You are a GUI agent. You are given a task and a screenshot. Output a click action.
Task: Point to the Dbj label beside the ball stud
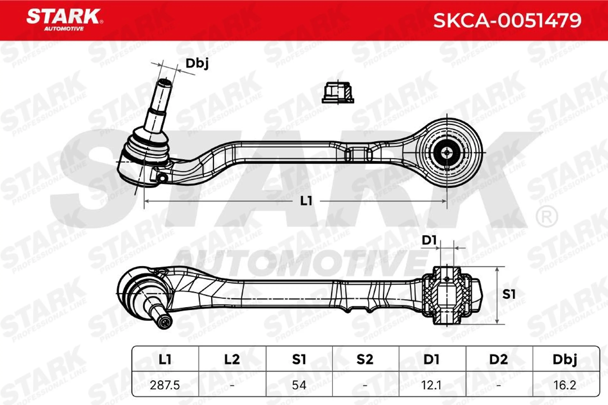point(197,64)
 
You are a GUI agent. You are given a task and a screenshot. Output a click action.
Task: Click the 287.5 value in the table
point(165,385)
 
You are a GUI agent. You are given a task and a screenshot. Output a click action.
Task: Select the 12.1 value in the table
point(431,385)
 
